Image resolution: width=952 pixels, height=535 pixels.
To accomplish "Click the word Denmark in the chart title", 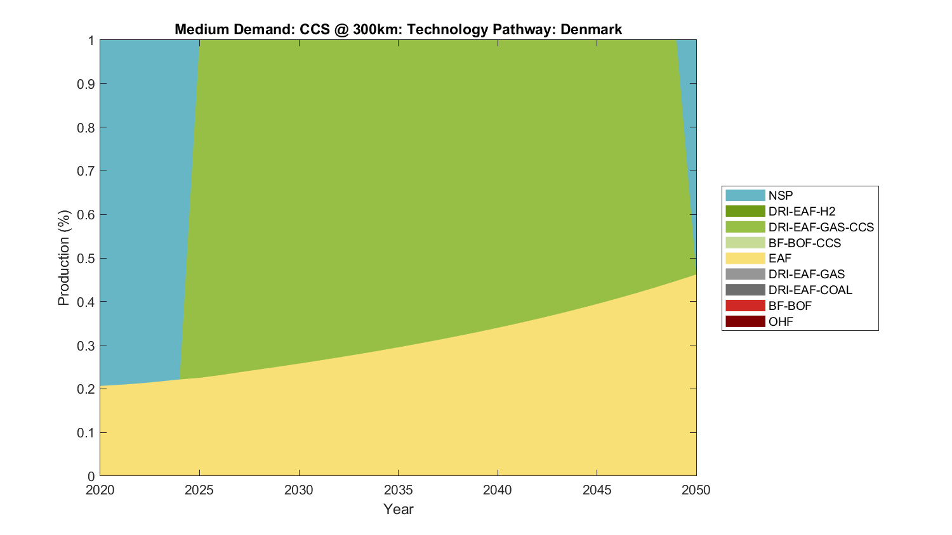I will pos(591,30).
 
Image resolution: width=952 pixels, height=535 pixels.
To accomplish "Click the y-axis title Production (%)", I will pos(63,258).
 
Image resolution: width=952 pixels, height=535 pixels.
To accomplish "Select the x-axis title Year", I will pos(398,509).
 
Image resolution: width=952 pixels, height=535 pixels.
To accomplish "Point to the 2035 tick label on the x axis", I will pos(398,490).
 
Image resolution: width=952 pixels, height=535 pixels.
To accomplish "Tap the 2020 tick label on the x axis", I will pos(100,490).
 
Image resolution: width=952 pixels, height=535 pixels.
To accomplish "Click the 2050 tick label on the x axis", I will pos(696,490).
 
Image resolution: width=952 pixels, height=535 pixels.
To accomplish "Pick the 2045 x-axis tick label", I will pos(597,490).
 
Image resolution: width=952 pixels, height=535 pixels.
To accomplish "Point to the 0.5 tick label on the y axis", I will pos(86,258).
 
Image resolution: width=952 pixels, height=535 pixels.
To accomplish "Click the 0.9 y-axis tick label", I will pos(86,84).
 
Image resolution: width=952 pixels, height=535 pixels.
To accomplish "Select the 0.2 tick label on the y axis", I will pos(86,389).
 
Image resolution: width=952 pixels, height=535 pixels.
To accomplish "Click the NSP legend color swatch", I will pos(745,196).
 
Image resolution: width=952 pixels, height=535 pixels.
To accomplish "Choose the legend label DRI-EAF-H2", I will pos(802,212).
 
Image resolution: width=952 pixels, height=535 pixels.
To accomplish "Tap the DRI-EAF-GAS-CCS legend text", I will pos(821,227).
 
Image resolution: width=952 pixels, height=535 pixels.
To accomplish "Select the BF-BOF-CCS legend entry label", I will pos(804,243).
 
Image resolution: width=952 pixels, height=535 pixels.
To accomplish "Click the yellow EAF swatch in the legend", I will pos(745,259).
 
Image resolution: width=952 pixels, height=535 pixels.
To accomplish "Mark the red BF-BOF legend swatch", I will pos(745,306).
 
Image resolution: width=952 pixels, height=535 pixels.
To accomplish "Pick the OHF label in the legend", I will pos(781,321).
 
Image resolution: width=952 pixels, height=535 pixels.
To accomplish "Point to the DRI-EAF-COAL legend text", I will pos(810,290).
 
